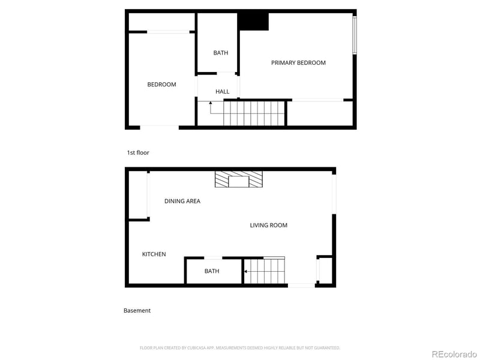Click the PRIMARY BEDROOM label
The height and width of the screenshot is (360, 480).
click(298, 63)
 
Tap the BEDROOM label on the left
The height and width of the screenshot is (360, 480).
click(161, 85)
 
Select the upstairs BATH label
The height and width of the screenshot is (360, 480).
click(220, 53)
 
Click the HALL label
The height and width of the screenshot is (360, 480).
click(222, 92)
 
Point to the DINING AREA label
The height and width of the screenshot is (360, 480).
click(182, 201)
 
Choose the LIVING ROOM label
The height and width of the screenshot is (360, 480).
click(268, 226)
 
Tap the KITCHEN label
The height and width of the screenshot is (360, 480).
click(154, 254)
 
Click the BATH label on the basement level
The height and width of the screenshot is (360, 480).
click(212, 271)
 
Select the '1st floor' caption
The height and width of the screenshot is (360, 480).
click(137, 153)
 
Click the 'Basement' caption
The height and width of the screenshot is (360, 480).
click(137, 311)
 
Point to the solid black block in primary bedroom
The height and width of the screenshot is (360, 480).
click(253, 21)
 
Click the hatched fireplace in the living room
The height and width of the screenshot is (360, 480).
click(239, 180)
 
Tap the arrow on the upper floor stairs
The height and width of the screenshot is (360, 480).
click(211, 105)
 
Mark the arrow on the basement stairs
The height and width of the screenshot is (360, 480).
click(245, 273)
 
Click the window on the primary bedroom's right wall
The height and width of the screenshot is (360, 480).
click(354, 35)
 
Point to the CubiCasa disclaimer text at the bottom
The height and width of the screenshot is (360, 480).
click(240, 347)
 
